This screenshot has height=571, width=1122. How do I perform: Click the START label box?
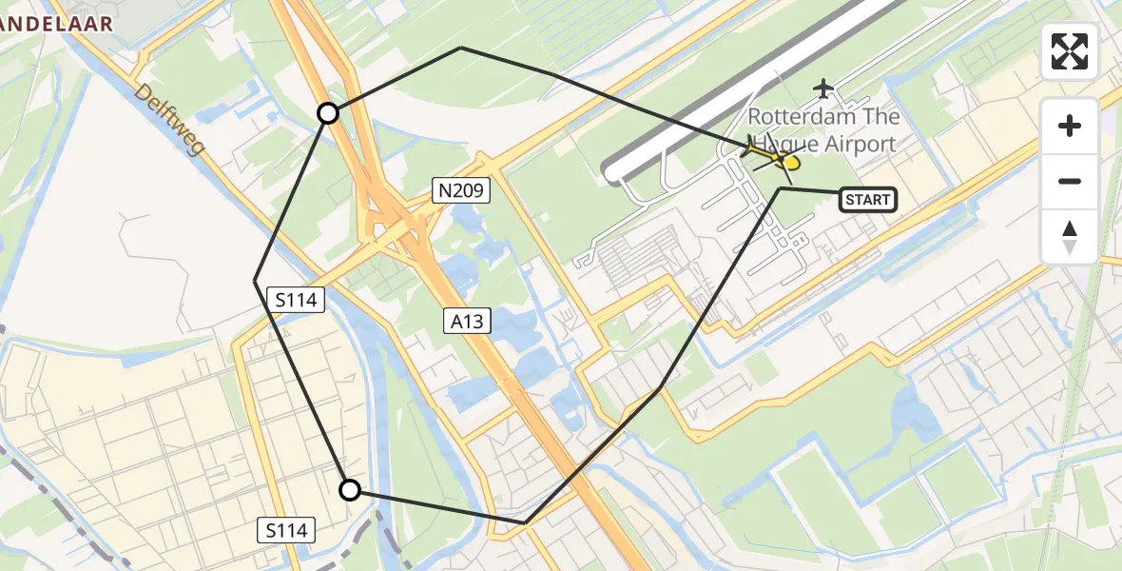867,200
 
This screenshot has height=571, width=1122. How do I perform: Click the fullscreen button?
1070,51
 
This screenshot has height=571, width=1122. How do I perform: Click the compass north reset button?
1070,237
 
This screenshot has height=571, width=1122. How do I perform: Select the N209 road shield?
462,191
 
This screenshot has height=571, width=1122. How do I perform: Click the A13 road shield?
467,322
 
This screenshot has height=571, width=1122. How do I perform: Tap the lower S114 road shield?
286,530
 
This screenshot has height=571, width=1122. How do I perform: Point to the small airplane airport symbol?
823,89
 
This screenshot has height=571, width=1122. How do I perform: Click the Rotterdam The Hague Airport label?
822,130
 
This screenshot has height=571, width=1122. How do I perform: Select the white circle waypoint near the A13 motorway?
327,114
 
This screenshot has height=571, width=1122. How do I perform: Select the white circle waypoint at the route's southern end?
350,490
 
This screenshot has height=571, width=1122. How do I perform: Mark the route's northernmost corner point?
461,48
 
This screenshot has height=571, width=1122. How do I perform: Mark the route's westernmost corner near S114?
255,281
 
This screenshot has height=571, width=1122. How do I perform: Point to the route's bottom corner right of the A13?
526,522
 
